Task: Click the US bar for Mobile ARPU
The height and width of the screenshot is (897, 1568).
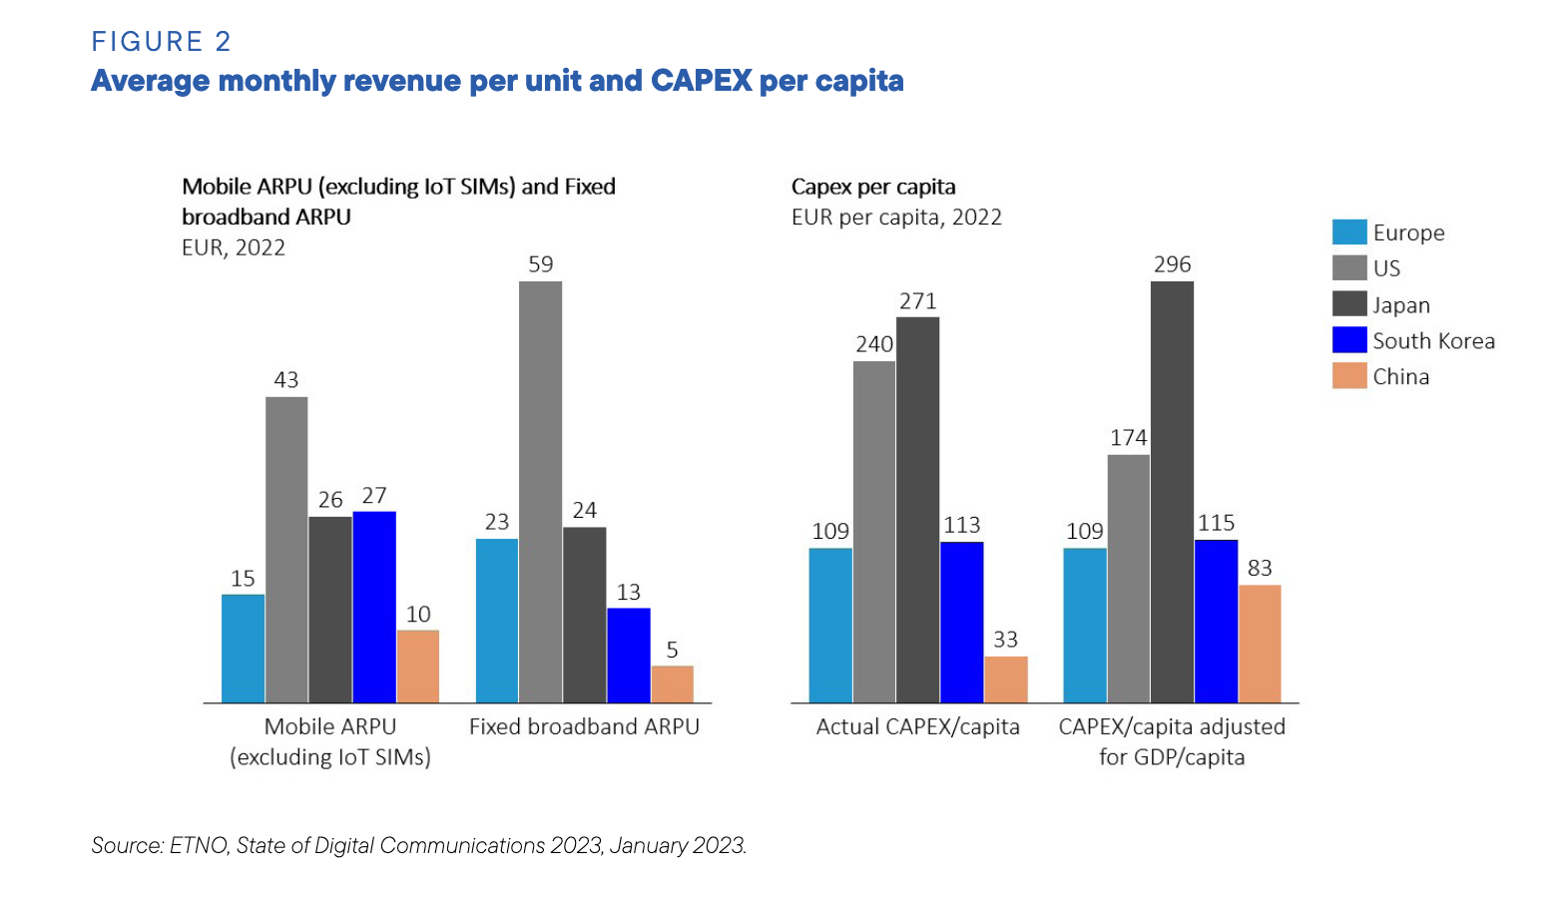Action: click(x=286, y=550)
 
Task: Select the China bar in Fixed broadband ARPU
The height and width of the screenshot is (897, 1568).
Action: click(x=672, y=684)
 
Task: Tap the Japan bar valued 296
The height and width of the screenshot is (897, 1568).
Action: click(x=1172, y=492)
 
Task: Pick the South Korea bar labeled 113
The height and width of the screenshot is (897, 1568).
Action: click(x=961, y=623)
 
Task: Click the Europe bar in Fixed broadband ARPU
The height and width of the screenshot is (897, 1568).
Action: click(x=497, y=621)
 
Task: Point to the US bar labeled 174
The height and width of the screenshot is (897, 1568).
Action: click(x=1128, y=579)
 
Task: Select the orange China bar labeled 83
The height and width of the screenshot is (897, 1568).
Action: click(x=1260, y=644)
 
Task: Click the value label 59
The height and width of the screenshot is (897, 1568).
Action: click(x=540, y=264)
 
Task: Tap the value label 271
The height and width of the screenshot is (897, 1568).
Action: click(x=917, y=301)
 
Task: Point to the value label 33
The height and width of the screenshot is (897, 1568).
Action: click(x=1005, y=640)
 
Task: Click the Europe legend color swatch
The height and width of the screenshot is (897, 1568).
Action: click(x=1348, y=232)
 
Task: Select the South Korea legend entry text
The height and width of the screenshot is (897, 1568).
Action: click(x=1433, y=341)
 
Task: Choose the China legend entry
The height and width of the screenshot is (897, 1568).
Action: click(x=1400, y=377)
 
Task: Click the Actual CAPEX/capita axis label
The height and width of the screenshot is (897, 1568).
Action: click(x=917, y=727)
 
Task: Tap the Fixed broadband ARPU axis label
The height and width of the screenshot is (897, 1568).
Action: click(x=584, y=727)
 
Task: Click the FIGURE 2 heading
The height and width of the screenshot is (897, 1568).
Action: click(x=161, y=42)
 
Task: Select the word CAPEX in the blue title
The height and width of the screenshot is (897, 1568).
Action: click(x=701, y=81)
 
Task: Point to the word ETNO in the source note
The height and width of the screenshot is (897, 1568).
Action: click(x=199, y=846)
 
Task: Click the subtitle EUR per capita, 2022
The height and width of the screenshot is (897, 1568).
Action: click(x=895, y=218)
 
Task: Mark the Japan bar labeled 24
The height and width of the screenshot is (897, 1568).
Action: click(x=584, y=615)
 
